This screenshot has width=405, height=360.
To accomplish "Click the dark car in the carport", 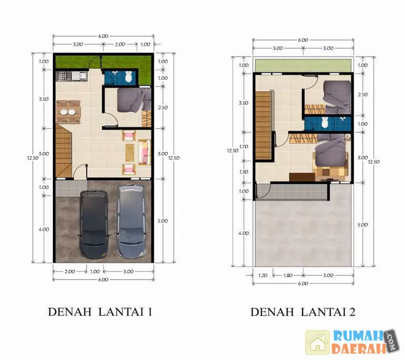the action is (x=93, y=224).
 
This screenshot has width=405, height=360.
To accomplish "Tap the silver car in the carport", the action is (x=131, y=221).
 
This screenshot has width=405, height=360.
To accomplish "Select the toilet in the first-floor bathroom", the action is (x=128, y=77).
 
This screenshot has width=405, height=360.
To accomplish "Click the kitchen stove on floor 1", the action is (x=62, y=76).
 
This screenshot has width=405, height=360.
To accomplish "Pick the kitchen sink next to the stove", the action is (x=79, y=76).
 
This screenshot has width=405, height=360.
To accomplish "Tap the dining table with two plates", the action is (x=68, y=112).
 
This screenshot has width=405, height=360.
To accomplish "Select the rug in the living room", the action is (x=130, y=152).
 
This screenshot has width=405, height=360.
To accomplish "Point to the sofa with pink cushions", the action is (x=144, y=152).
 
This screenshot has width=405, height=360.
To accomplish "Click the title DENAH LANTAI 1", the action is (x=100, y=312).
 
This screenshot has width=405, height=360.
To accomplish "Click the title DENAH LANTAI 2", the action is (x=303, y=312).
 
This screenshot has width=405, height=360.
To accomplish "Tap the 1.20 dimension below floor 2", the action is (x=263, y=275).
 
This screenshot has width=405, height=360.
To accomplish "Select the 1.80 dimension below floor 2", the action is (x=288, y=275).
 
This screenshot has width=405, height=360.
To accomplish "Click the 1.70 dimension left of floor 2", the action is (x=243, y=147).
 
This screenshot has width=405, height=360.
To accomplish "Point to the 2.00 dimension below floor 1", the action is (x=70, y=271).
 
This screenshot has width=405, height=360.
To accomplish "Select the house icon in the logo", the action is (x=318, y=342).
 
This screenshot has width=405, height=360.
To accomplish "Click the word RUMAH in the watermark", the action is (x=358, y=336).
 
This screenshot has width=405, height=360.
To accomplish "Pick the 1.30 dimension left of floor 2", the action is (x=243, y=172).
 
